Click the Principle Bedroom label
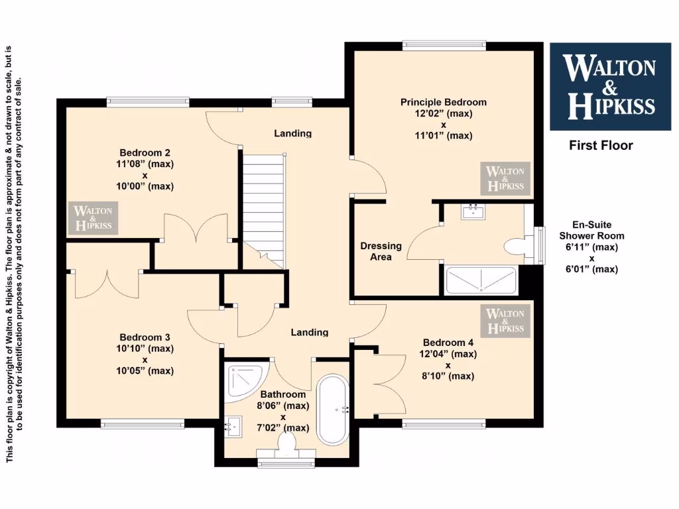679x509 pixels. point(443,102)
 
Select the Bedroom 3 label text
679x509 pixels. point(145,337)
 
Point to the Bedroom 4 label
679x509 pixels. point(448,343)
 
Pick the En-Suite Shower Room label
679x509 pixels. point(591,230)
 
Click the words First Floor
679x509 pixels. point(601,145)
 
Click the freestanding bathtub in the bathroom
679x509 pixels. point(332,410)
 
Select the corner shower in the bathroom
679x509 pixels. point(243,382)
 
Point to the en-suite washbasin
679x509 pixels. point(474,211)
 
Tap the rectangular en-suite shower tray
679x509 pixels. point(480,280)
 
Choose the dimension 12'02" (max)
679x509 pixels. point(443,113)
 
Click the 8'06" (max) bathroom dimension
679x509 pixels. point(282,406)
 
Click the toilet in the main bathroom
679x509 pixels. point(287,443)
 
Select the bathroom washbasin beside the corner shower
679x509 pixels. point(232,425)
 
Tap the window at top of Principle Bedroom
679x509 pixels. point(444,46)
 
